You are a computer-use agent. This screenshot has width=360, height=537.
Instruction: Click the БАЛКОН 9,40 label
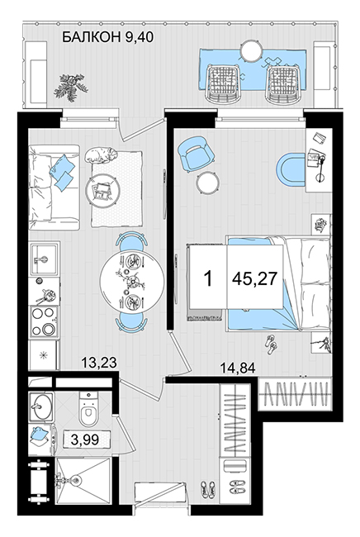[107, 37]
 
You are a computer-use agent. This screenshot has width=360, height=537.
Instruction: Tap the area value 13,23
[99, 363]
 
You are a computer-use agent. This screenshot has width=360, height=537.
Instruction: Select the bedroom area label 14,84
[238, 368]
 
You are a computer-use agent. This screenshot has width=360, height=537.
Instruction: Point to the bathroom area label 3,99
[85, 440]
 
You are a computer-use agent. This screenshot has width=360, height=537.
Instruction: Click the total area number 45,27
[254, 279]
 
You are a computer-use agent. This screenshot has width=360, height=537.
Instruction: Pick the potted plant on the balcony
[71, 88]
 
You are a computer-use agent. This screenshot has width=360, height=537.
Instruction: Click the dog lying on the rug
[101, 154]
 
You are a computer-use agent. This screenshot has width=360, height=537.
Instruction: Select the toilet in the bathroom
[88, 409]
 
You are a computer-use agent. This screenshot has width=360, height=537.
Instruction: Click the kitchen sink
[44, 259]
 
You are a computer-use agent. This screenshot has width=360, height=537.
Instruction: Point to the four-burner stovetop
[44, 321]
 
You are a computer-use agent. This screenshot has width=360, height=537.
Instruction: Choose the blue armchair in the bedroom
[196, 152]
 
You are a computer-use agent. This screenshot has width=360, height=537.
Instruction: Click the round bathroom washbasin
[41, 406]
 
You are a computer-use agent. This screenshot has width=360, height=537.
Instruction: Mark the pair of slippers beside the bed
[272, 345]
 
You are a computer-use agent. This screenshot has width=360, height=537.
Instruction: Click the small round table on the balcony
[251, 51]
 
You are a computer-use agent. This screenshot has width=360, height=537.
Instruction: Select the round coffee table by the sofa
[102, 189]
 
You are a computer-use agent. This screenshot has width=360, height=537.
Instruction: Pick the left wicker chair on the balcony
[222, 84]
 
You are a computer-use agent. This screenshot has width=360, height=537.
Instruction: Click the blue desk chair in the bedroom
[291, 169]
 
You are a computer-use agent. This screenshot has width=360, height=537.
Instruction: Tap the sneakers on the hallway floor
[208, 489]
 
